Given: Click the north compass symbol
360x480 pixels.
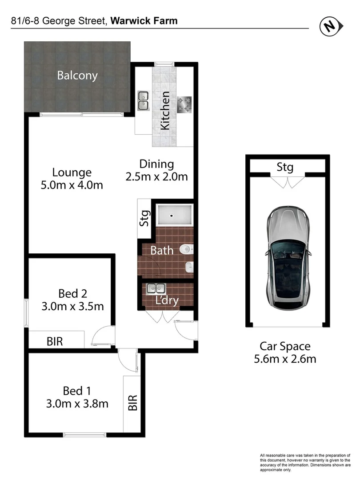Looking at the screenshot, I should click(330, 27).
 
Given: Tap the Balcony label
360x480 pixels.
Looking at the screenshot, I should click(77, 75).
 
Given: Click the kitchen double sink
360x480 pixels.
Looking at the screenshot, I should click(143, 100).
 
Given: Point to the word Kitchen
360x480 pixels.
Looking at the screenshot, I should click(165, 110).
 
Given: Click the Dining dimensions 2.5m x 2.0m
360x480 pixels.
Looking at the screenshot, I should click(157, 176).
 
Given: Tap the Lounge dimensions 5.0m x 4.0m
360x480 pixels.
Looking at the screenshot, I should click(72, 185).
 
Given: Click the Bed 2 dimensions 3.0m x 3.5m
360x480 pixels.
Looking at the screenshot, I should click(72, 306).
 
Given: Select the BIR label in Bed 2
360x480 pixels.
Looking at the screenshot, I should click(55, 341).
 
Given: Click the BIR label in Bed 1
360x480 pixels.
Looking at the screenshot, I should click(132, 403).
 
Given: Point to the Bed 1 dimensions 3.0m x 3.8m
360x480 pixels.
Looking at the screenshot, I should click(77, 404).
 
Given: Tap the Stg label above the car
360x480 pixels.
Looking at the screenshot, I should click(285, 167).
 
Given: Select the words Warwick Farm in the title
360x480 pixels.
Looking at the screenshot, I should click(144, 20).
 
